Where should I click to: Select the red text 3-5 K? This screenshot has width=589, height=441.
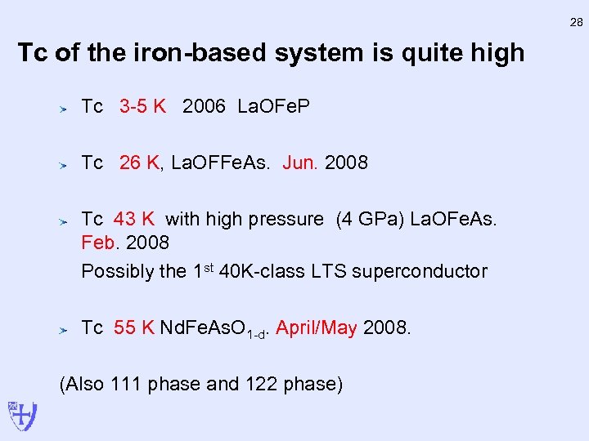(142, 107)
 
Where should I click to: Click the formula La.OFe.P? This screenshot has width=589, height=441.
(273, 107)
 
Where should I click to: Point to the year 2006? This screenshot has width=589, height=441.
(204, 107)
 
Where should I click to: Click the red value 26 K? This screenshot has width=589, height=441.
(139, 163)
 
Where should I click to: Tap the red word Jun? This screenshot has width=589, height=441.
(299, 163)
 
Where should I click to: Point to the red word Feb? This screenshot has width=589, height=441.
(100, 243)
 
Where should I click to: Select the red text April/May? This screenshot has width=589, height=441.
(317, 328)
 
